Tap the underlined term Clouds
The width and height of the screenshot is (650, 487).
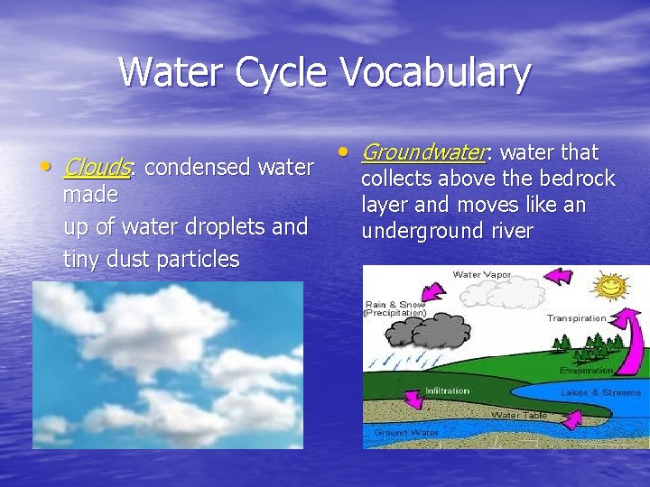[x=99, y=168]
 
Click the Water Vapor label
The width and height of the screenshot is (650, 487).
[x=479, y=274]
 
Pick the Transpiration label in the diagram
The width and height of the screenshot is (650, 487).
[x=576, y=318]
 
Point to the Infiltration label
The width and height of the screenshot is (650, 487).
[x=447, y=391]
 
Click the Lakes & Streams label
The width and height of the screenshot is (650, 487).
[x=600, y=392]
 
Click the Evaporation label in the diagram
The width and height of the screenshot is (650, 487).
[x=586, y=370]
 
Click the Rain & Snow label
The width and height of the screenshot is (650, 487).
[x=394, y=308]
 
